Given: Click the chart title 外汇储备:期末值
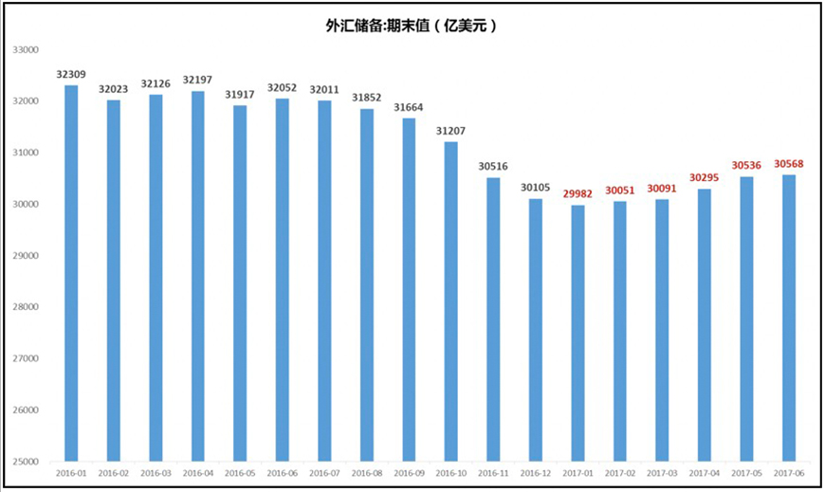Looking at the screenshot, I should point(412,27).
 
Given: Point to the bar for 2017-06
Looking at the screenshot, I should point(789,319).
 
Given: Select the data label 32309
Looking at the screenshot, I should point(71,73).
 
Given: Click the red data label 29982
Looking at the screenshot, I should point(577,193).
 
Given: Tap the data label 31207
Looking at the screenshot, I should point(451,130).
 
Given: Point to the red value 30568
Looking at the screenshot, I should point(789,163).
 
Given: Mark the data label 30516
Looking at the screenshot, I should point(493,166).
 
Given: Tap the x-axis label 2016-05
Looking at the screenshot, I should point(240,472).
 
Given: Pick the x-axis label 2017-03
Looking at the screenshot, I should point(662,472).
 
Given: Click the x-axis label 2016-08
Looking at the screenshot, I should point(367,472).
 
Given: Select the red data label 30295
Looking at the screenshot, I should point(705,177).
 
